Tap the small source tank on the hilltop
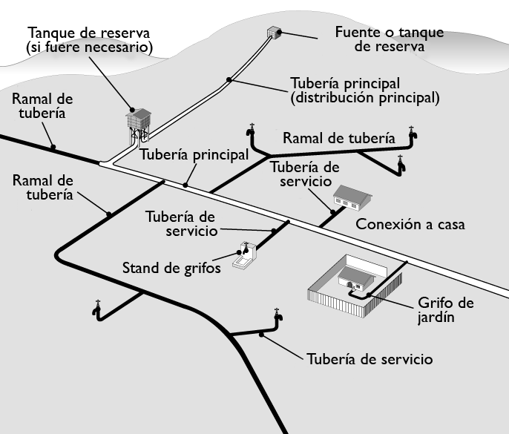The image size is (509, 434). (x=275, y=32)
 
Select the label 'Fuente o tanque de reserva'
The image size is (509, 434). (x=389, y=39)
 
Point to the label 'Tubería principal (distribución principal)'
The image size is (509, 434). (x=365, y=89)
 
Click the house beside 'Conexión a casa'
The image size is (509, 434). (x=352, y=196)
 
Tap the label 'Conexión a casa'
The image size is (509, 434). (x=410, y=223)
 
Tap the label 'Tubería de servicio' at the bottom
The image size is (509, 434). (x=369, y=359)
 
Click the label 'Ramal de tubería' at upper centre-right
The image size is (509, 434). (x=338, y=138)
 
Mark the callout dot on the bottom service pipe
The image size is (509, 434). (x=261, y=335)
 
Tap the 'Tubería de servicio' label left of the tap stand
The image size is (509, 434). (x=180, y=223)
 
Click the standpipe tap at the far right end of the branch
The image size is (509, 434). (x=414, y=134)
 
